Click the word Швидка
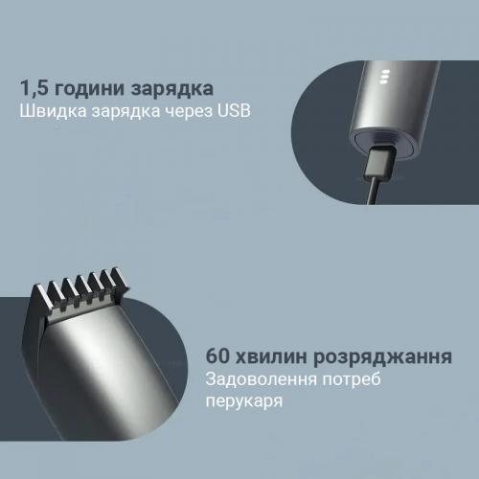[53, 111]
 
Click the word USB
[234, 111]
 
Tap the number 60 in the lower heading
[218, 356]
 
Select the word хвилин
[271, 357]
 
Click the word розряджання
[382, 357]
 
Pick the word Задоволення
[262, 379]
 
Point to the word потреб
[352, 379]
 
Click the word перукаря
[244, 401]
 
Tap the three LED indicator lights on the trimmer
[385, 77]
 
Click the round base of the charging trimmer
[384, 143]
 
